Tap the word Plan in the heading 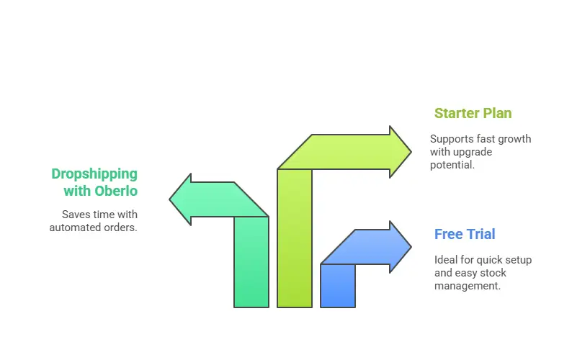(x=497, y=113)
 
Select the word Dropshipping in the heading (x=94, y=174)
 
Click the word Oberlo (x=116, y=191)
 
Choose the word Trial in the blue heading (x=481, y=234)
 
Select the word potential (x=452, y=165)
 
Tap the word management (x=468, y=286)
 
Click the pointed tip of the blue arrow (x=411, y=247)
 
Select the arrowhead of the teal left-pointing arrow (x=180, y=199)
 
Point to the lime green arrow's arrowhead (x=401, y=152)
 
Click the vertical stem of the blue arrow (x=338, y=286)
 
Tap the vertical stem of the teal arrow (x=251, y=262)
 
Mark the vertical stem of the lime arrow (x=295, y=238)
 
